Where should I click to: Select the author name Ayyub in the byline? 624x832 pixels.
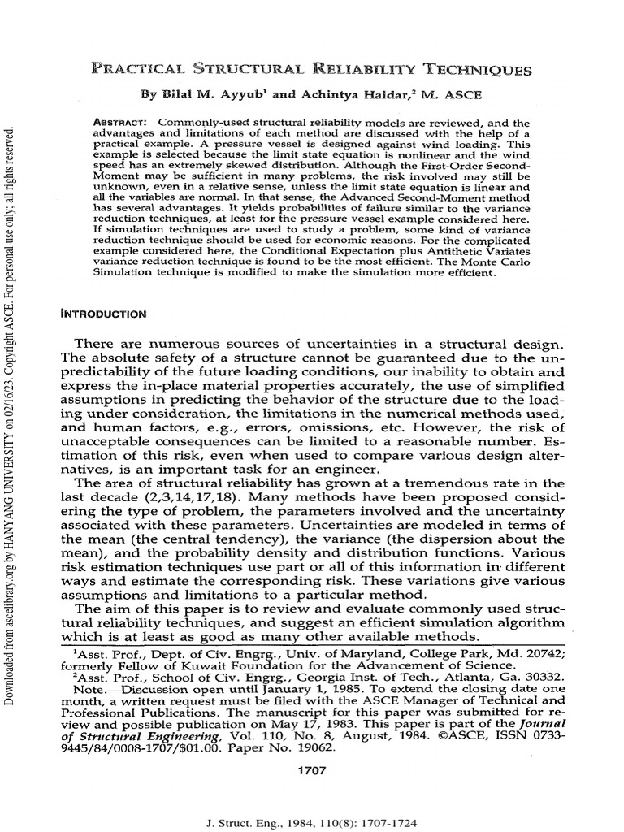point(240,94)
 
